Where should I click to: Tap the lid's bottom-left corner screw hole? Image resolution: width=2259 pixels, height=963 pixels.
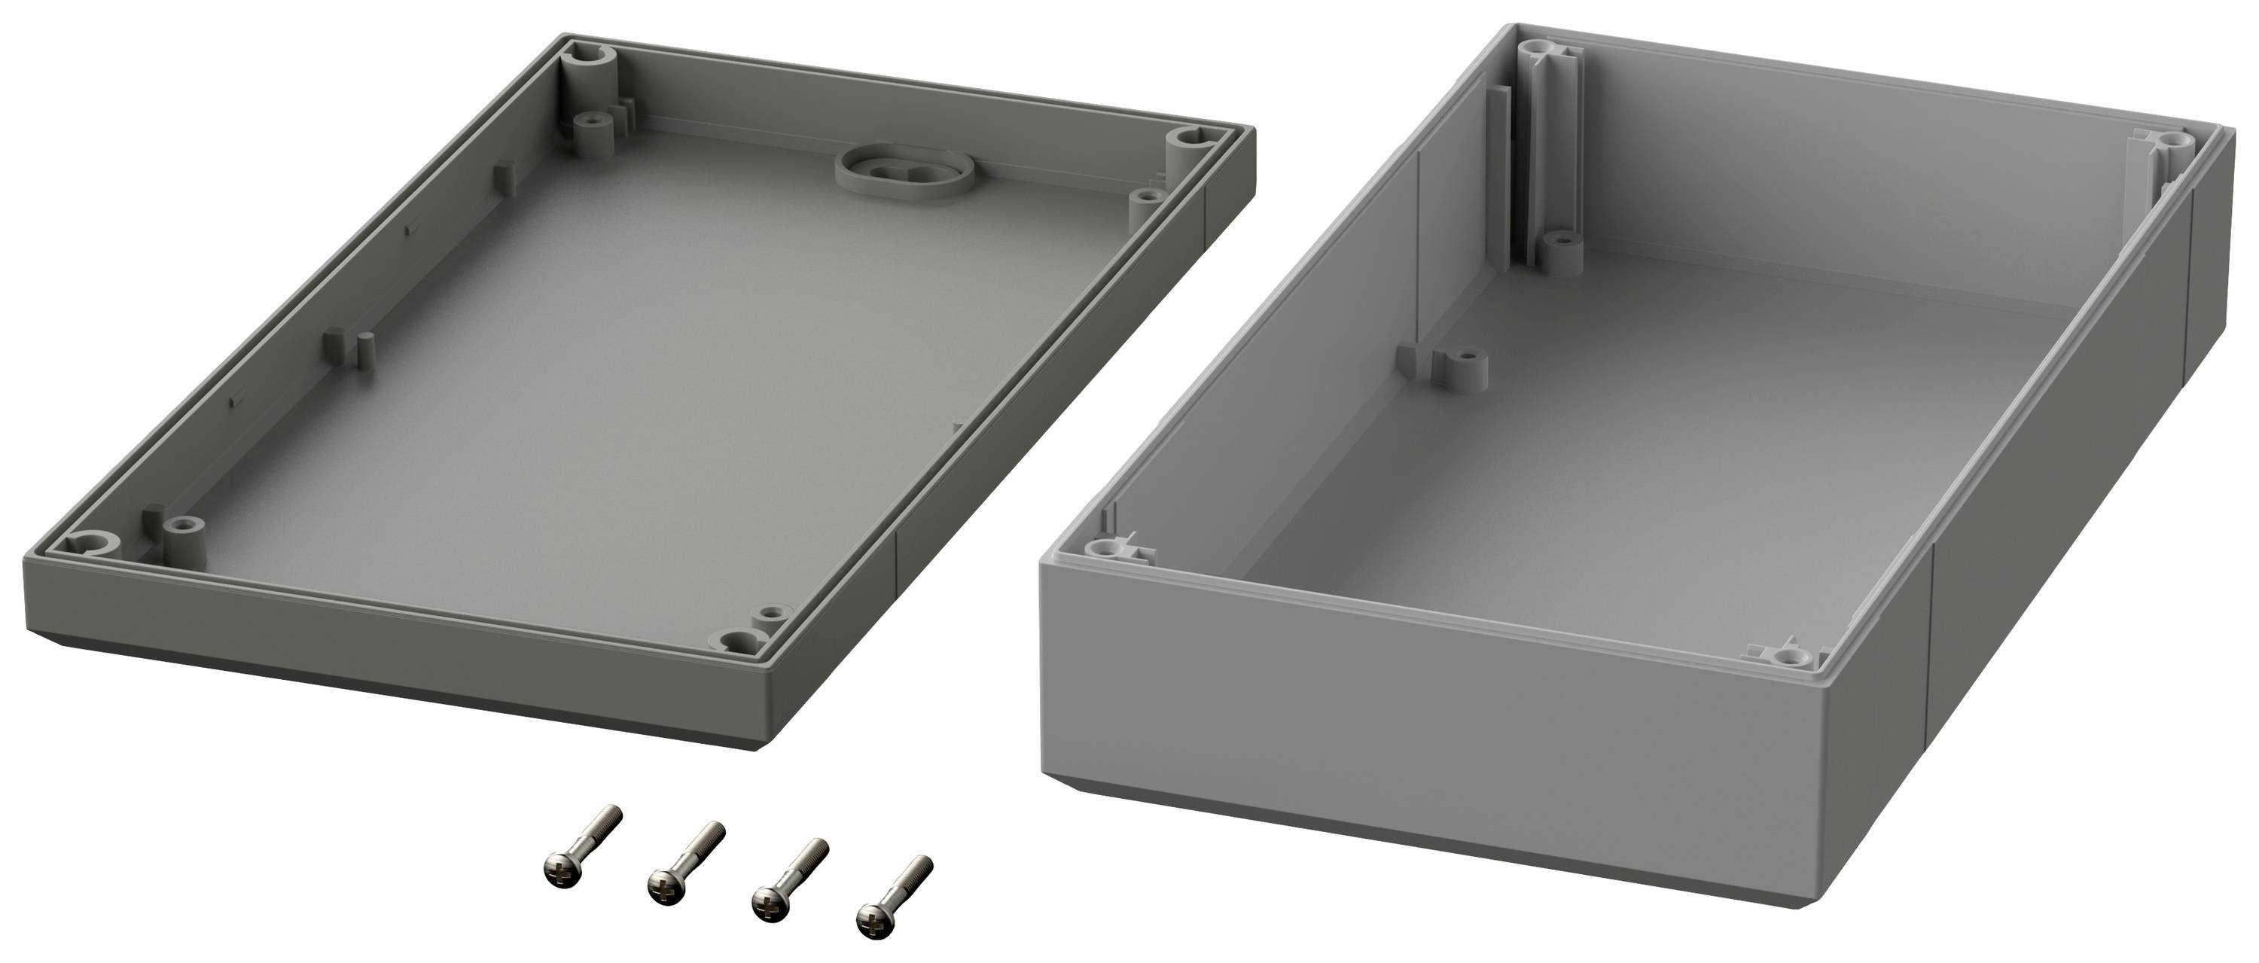pos(90,542)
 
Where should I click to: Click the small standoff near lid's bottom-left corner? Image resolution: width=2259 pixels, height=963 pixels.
pos(183,526)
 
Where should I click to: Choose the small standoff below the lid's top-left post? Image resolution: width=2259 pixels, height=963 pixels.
pos(597,120)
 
